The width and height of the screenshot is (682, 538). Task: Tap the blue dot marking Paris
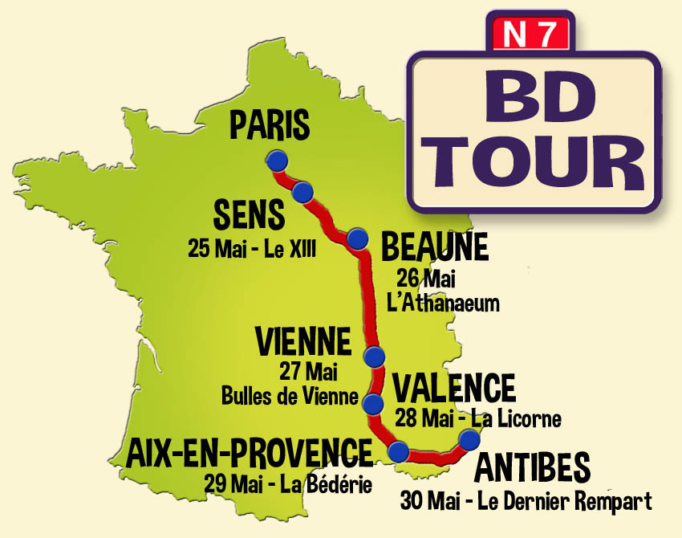pyautogui.click(x=277, y=160)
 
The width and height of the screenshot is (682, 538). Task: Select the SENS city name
pyautogui.click(x=249, y=215)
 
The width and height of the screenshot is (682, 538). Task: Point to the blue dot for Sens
pyautogui.click(x=302, y=192)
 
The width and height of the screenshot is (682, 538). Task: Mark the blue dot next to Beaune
pyautogui.click(x=357, y=238)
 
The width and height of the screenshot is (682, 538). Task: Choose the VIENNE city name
pyautogui.click(x=303, y=342)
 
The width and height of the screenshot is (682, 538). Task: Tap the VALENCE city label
pyautogui.click(x=454, y=389)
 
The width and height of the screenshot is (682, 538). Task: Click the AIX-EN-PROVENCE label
pyautogui.click(x=250, y=454)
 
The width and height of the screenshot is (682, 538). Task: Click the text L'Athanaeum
pyautogui.click(x=448, y=304)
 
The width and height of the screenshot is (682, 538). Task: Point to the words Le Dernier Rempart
pyautogui.click(x=564, y=503)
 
